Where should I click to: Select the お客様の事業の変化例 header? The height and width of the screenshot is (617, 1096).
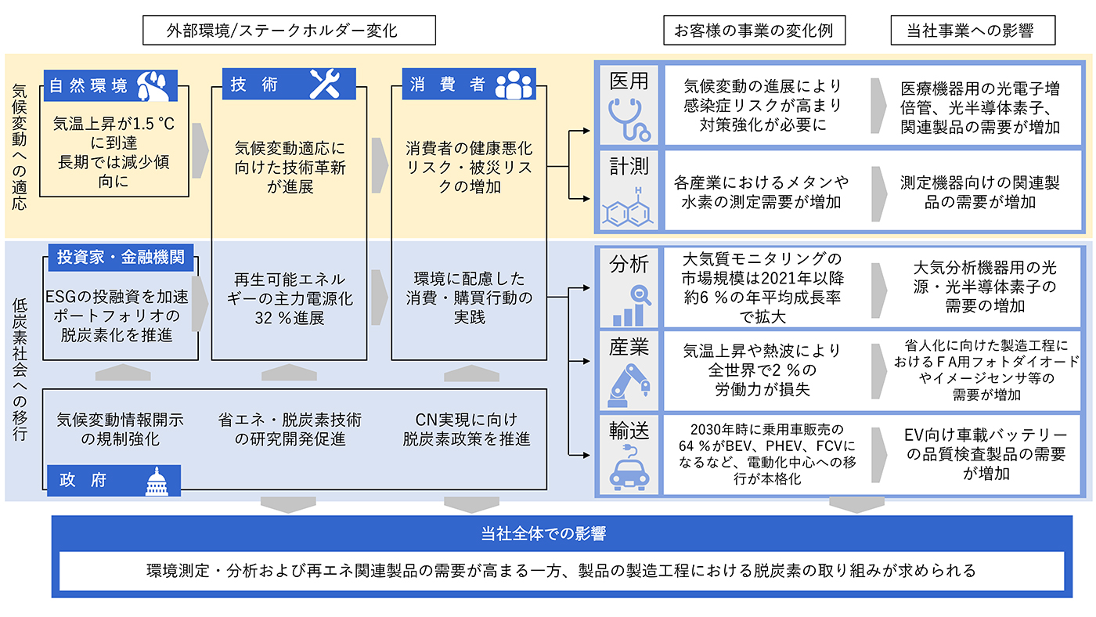pos(753,31)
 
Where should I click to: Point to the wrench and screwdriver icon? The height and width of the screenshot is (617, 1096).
pos(325,85)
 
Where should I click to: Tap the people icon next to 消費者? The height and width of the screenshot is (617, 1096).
pos(514,85)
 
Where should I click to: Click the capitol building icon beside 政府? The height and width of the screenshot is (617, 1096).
pos(157,482)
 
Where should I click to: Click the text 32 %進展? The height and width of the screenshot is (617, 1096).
pos(289,319)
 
